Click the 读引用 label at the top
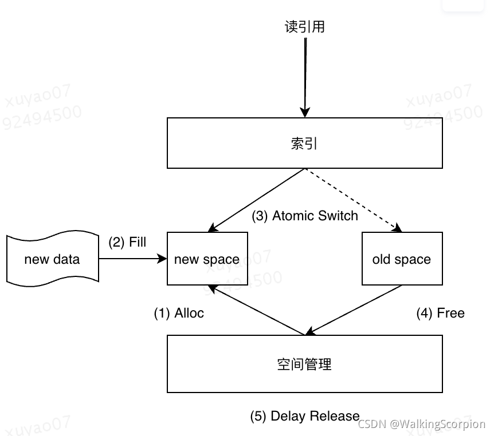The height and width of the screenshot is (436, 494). [x=304, y=27]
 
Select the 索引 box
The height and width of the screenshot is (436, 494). [x=304, y=143]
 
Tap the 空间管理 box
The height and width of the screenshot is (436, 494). [x=304, y=364]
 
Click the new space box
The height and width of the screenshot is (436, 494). [x=207, y=259]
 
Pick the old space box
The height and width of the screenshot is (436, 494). [x=402, y=259]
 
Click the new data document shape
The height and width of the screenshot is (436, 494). [x=52, y=259]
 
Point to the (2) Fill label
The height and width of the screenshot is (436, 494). [x=127, y=242]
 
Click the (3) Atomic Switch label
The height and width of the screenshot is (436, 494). [x=304, y=216]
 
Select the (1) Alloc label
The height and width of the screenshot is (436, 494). [x=178, y=313]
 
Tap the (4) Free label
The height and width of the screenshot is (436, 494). [x=440, y=313]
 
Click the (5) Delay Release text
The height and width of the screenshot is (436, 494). [x=304, y=416]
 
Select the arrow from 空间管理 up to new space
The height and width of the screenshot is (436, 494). [x=256, y=310]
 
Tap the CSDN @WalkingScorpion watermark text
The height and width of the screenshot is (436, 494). [x=421, y=425]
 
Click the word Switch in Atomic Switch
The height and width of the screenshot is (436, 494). [x=338, y=216]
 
